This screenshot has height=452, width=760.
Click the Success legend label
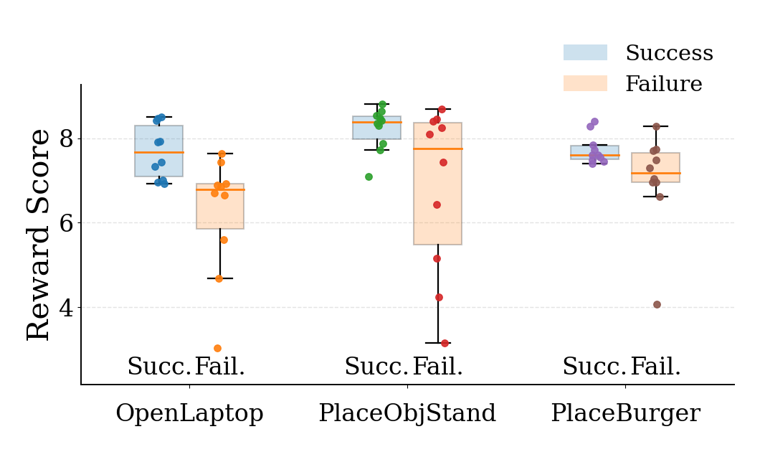pos(669,53)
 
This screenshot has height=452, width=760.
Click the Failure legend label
pos(663,84)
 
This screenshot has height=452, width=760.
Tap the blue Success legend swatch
pos(585,52)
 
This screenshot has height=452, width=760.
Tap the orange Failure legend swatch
pos(585,83)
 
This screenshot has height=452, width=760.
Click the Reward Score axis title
pos(39,235)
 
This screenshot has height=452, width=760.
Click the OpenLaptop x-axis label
pos(189,413)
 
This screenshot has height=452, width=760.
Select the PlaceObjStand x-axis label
pos(407,413)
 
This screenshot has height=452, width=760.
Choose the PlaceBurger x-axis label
pos(625,413)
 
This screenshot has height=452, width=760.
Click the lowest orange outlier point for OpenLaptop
pos(217,349)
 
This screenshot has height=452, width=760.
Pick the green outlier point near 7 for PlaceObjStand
pos(369,176)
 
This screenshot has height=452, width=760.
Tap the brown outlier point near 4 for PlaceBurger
pos(657,304)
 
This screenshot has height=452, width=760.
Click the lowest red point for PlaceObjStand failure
pos(445,343)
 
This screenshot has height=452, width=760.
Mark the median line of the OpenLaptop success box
pos(158,152)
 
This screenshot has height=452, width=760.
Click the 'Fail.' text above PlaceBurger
pos(655,367)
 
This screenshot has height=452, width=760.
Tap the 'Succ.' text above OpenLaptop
pos(159,367)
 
